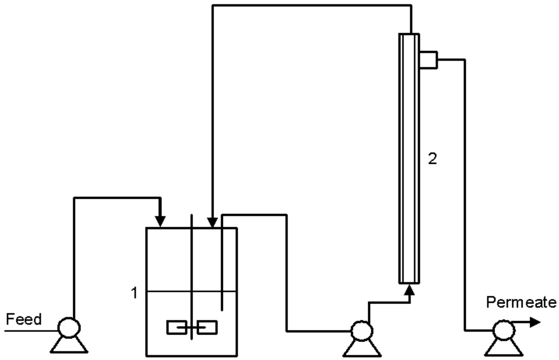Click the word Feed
[23, 319]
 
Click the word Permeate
[521, 302]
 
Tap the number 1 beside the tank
[134, 293]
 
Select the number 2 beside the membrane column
[432, 160]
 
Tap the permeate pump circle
[502, 329]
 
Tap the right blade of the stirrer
[207, 327]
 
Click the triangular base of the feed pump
[69, 345]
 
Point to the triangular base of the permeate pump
[502, 346]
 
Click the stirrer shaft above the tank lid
[191, 220]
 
